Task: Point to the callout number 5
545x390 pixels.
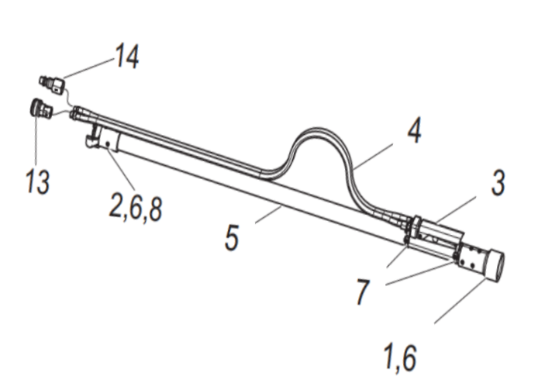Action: (x=232, y=236)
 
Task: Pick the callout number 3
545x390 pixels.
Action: (x=498, y=184)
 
